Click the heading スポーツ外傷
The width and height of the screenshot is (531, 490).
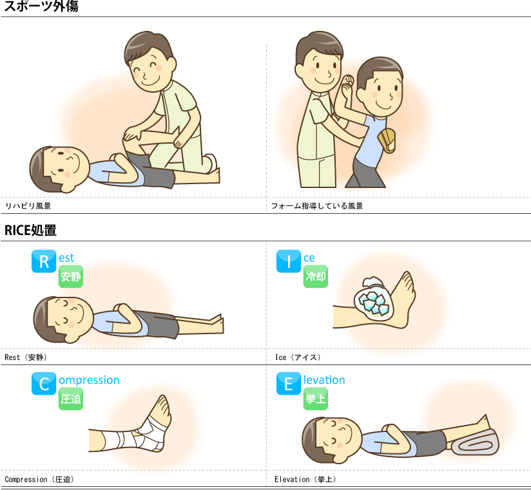coord(41,6)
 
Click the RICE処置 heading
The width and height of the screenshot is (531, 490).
coord(30,230)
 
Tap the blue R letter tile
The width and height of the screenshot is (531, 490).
coord(44,261)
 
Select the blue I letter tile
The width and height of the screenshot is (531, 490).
coord(289,261)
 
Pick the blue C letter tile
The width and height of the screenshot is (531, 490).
coord(44,384)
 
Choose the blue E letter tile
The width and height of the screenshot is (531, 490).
coord(289,384)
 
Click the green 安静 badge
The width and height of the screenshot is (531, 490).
coord(71,276)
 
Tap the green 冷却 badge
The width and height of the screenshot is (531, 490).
coord(316,276)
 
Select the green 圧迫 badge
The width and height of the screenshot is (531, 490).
coord(71,399)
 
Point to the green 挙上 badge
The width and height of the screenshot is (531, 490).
coord(316,399)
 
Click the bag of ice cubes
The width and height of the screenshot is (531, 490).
coord(374,299)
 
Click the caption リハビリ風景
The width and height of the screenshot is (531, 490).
coord(28,206)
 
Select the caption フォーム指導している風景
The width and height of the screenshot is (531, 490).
coord(317,206)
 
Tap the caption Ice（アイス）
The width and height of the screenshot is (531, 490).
coord(298,357)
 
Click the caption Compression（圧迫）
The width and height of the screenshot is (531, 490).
coord(39,480)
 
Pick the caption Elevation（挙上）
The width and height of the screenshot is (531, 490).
coord(305,480)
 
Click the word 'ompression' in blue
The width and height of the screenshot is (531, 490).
coord(89,380)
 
